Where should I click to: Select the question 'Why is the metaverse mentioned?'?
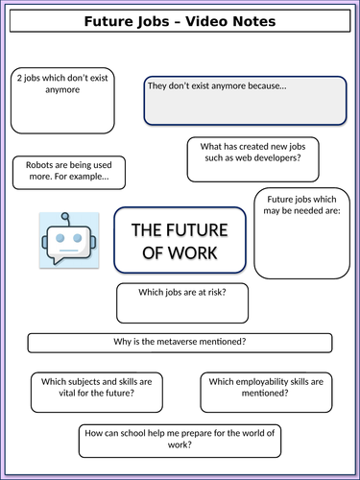tap(180, 343)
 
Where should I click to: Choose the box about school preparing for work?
tap(180, 439)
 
